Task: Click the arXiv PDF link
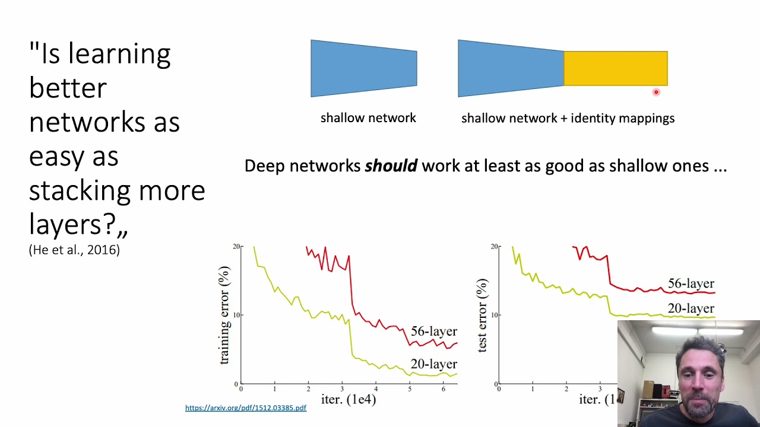[x=245, y=408]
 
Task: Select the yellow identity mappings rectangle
[x=615, y=68]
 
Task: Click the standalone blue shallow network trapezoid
[x=363, y=68]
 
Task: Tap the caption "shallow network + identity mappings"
[x=568, y=118]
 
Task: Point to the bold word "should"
[x=391, y=166]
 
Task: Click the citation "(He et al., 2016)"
[x=74, y=250]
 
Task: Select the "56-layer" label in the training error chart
[x=434, y=331]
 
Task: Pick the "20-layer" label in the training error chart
[x=434, y=364]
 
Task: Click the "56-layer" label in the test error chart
[x=691, y=283]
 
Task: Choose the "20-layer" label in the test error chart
[x=691, y=308]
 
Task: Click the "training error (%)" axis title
[x=224, y=315]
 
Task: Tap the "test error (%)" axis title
[x=482, y=315]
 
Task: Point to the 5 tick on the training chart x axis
[x=409, y=389]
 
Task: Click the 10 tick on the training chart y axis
[x=236, y=315]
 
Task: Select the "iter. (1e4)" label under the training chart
[x=349, y=399]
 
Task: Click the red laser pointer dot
[x=656, y=92]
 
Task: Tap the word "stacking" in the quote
[x=80, y=190]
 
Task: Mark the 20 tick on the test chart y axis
[x=495, y=247]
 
